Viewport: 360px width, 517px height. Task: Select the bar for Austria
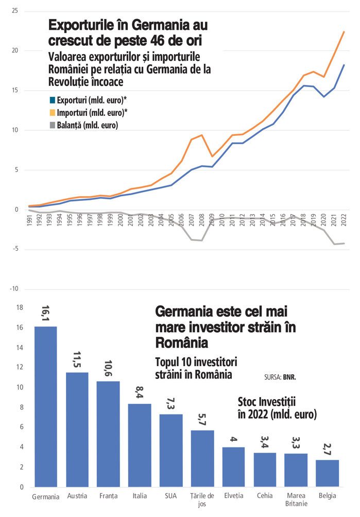click(77, 429)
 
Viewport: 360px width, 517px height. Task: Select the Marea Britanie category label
click(296, 499)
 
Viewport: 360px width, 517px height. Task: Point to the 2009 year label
click(211, 219)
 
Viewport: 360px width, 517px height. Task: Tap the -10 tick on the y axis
click(14, 289)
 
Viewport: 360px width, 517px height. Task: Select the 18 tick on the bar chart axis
click(21, 308)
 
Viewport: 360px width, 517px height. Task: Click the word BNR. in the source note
click(289, 377)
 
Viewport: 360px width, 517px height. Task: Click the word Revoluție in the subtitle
click(71, 81)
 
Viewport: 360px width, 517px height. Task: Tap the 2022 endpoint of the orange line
click(344, 32)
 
